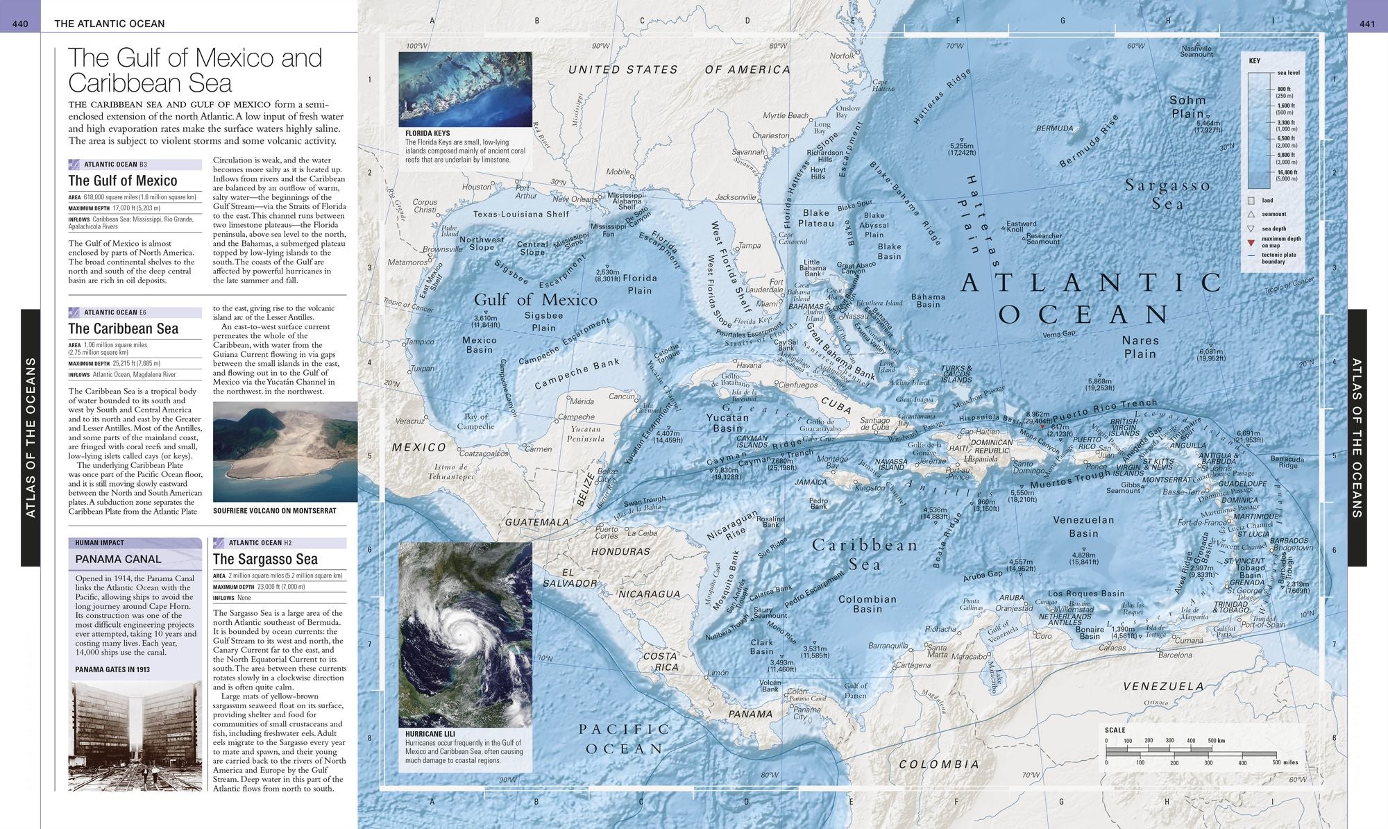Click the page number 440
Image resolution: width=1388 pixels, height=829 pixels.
click(20, 24)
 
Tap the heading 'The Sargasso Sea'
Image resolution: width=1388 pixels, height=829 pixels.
click(265, 560)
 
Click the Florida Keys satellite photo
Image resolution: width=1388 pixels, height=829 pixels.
click(465, 89)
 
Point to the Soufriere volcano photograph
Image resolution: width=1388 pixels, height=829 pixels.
click(285, 451)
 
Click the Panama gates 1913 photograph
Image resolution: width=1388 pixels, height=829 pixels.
click(135, 736)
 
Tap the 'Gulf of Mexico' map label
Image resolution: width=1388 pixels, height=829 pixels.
click(535, 300)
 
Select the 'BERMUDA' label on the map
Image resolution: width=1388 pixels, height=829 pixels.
click(1054, 128)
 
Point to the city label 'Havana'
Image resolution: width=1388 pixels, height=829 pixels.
click(749, 365)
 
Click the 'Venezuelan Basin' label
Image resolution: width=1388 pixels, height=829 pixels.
click(1083, 526)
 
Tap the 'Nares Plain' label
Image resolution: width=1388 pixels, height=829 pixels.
click(1140, 346)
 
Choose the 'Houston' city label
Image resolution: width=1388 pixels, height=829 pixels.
click(477, 187)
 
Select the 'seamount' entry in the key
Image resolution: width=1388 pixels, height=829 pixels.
click(1273, 214)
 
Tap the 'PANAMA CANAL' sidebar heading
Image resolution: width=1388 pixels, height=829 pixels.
click(118, 559)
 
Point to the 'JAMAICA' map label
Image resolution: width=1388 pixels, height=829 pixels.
click(811, 482)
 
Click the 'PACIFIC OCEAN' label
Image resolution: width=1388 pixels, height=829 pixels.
click(625, 739)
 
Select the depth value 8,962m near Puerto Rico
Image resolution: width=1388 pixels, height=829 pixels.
click(1038, 414)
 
